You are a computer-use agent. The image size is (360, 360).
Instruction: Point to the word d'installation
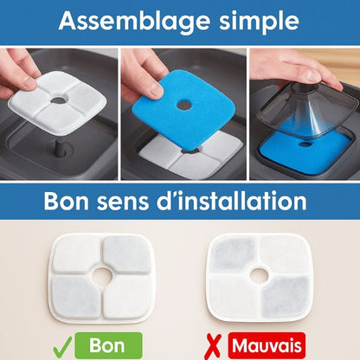pyautogui.click(x=245, y=202)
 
